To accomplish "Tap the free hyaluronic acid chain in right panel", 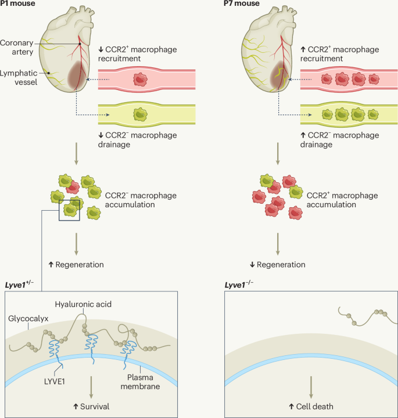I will [363, 316].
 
